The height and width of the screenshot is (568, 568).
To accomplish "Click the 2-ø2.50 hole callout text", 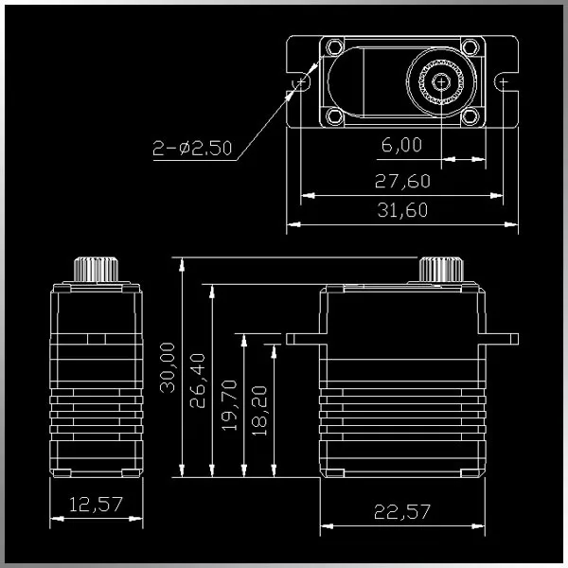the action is (192, 149).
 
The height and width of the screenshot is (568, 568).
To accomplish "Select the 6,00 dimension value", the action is (401, 145).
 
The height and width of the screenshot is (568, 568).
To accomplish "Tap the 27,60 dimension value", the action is (402, 181).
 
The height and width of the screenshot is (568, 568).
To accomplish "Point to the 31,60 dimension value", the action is (402, 210).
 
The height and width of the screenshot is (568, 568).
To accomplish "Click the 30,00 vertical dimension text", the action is (168, 367).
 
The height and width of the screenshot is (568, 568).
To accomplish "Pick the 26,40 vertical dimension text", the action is (198, 381).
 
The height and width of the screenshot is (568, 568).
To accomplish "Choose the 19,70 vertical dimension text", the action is (229, 405).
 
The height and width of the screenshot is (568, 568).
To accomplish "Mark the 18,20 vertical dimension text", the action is (259, 411).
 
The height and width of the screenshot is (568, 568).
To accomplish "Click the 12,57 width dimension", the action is (96, 505).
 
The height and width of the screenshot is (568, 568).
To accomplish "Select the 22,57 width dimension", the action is (402, 511).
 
